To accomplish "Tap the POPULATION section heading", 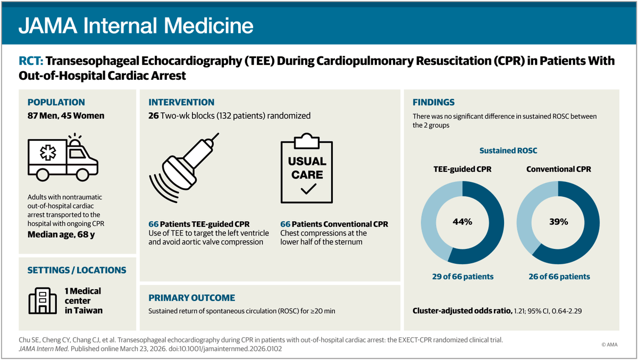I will [56, 102].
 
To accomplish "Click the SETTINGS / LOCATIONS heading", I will [77, 270].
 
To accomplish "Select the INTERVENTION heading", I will [181, 102].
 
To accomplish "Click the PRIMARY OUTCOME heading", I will [191, 298].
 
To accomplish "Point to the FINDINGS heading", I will [433, 102].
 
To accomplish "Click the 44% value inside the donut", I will [462, 222].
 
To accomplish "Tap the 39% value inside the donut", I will [558, 222].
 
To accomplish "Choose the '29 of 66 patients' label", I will [462, 277].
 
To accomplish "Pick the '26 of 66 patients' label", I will [558, 277].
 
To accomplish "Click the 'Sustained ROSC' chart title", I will [508, 150].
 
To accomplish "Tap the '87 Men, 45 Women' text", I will [66, 115].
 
